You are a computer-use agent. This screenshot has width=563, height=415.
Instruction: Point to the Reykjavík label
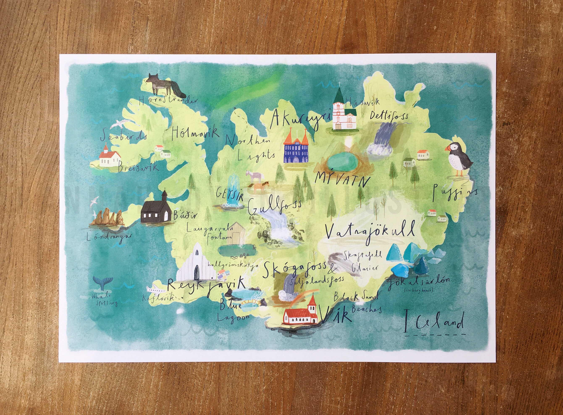pyautogui.click(x=206, y=285)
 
